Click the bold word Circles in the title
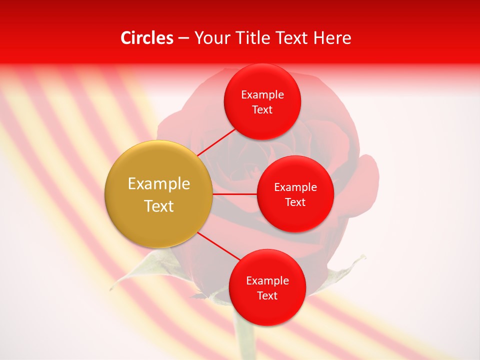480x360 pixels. (147, 38)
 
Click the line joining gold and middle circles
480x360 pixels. (235, 193)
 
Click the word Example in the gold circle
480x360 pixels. (159, 184)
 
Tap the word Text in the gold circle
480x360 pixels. (159, 206)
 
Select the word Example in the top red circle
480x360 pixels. (262, 95)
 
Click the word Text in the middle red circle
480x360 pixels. (295, 202)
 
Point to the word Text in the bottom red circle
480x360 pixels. (267, 295)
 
